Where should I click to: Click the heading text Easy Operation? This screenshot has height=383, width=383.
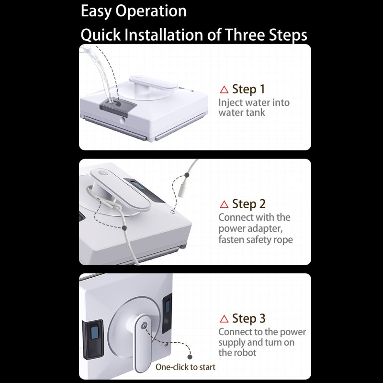(134, 11)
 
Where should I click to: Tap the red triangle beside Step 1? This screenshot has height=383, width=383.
(224, 90)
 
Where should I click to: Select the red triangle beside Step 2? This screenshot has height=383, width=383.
(224, 204)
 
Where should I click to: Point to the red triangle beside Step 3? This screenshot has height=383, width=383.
(224, 319)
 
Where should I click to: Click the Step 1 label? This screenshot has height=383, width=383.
(248, 89)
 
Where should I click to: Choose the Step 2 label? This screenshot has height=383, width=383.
(248, 204)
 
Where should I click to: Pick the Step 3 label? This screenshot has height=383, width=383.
(248, 318)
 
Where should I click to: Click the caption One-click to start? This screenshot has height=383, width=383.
(185, 367)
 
